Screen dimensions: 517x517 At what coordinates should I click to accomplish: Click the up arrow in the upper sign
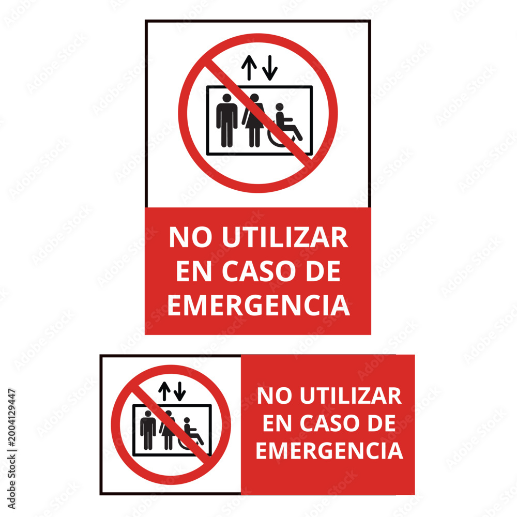tap(249, 68)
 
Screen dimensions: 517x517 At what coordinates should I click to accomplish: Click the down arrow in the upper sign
tap(270, 68)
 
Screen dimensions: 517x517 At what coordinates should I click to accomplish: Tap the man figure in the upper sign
tap(227, 120)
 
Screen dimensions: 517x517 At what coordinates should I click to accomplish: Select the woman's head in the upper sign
tap(254, 98)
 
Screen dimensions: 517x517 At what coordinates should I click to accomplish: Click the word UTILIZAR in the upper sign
tap(285, 237)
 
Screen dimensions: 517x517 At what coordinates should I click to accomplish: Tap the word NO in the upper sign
tap(190, 237)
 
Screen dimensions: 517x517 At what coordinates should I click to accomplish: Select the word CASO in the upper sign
tap(258, 271)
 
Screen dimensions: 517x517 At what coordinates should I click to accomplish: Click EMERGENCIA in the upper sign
tap(258, 306)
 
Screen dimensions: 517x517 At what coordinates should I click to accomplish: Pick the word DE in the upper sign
tap(323, 271)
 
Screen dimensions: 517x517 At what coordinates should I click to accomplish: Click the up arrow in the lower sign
tap(164, 391)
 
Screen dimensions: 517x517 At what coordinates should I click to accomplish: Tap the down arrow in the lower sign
tap(180, 391)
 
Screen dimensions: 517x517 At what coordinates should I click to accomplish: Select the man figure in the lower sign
tap(148, 430)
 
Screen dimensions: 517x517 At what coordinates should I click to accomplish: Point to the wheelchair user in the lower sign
tap(191, 434)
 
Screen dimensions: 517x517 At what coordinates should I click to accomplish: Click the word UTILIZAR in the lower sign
tap(351, 396)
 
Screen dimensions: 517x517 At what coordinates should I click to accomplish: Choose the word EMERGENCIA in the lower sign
tap(329, 450)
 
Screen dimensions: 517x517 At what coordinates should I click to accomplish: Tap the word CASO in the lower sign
tap(329, 423)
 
